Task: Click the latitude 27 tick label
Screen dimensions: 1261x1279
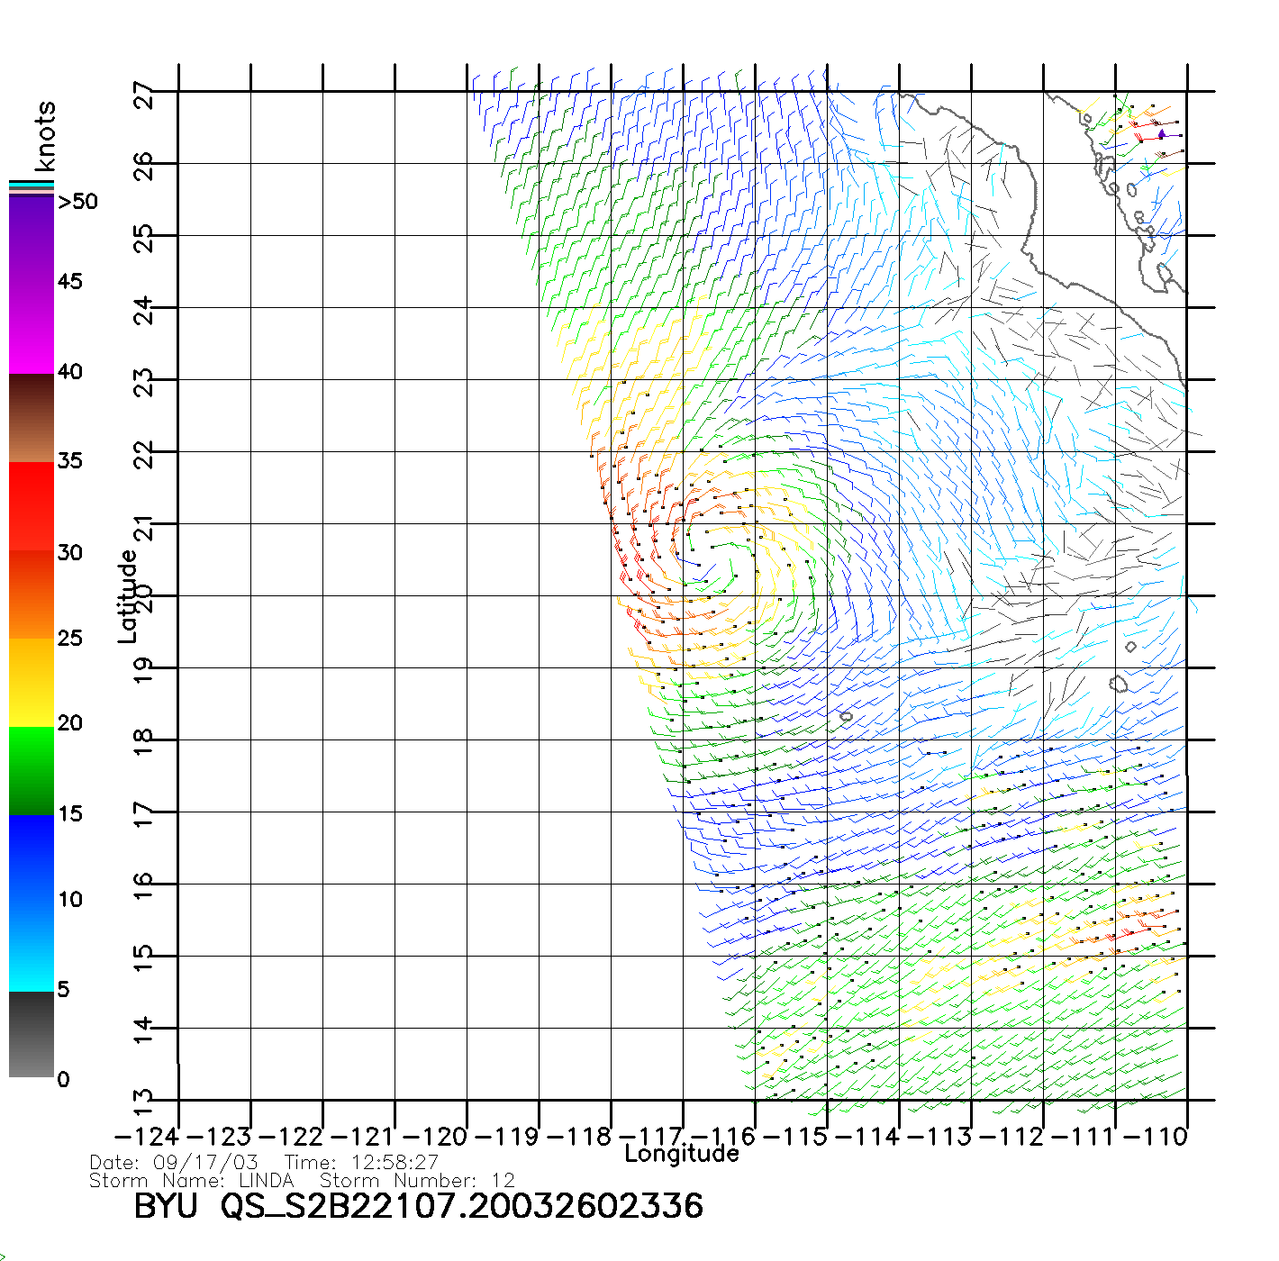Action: (144, 95)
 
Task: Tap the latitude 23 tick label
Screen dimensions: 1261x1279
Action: (144, 384)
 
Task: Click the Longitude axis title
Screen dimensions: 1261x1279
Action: (682, 1154)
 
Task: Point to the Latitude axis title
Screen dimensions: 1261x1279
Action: (128, 595)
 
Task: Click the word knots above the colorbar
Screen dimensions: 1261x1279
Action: (45, 136)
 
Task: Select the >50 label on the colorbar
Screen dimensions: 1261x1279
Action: (77, 202)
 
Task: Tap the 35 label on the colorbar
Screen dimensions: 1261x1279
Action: (69, 461)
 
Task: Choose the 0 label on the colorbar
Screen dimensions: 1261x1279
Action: (63, 1079)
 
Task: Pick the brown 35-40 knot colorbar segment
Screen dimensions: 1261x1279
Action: (32, 418)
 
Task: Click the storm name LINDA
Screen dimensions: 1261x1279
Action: (267, 1180)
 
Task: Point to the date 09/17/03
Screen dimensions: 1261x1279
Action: (206, 1163)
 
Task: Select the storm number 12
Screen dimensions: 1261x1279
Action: (503, 1180)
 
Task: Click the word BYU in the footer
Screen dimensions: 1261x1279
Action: (166, 1207)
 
